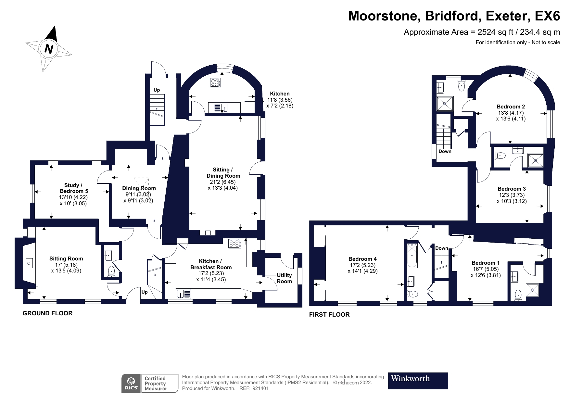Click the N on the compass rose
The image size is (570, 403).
[x=49, y=49]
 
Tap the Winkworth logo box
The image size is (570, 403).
[x=418, y=381]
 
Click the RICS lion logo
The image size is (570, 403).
[x=132, y=383]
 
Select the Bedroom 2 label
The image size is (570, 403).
[x=511, y=107]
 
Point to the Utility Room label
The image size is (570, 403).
[x=284, y=278]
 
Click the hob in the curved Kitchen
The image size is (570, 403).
[x=215, y=82]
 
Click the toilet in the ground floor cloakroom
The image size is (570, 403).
[x=111, y=271]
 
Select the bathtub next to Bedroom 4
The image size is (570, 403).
[x=412, y=256]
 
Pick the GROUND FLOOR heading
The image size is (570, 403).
[x=48, y=313]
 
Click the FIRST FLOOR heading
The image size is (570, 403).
[x=329, y=314]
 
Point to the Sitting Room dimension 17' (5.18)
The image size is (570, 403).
[x=66, y=265]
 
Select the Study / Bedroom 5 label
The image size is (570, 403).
[x=74, y=188]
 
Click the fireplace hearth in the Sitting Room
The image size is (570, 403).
[x=30, y=263]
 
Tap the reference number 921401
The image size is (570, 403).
[x=260, y=388]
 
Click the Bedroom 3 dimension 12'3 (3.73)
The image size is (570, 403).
[x=512, y=195]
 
